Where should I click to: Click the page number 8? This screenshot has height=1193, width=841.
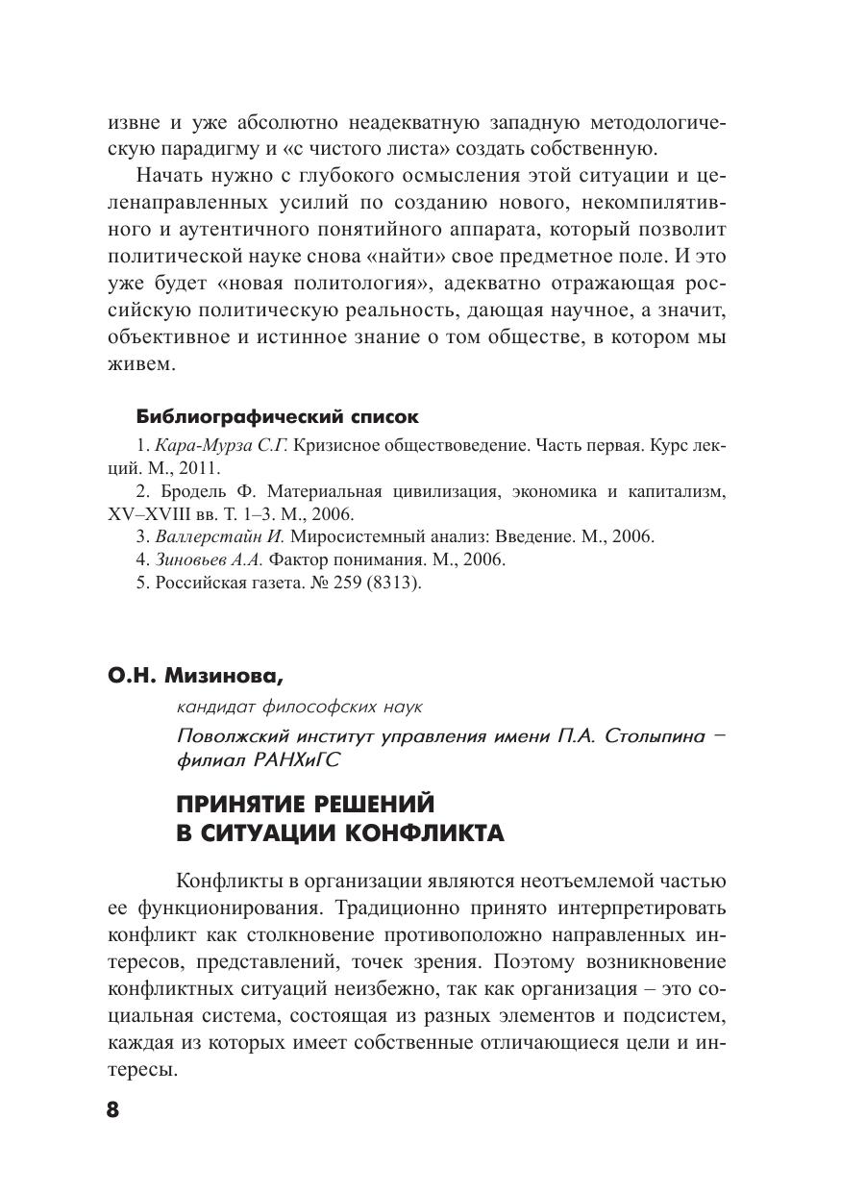tap(111, 1109)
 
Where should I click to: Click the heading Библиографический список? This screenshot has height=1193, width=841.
tap(278, 417)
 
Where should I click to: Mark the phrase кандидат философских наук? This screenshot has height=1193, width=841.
tap(299, 707)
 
